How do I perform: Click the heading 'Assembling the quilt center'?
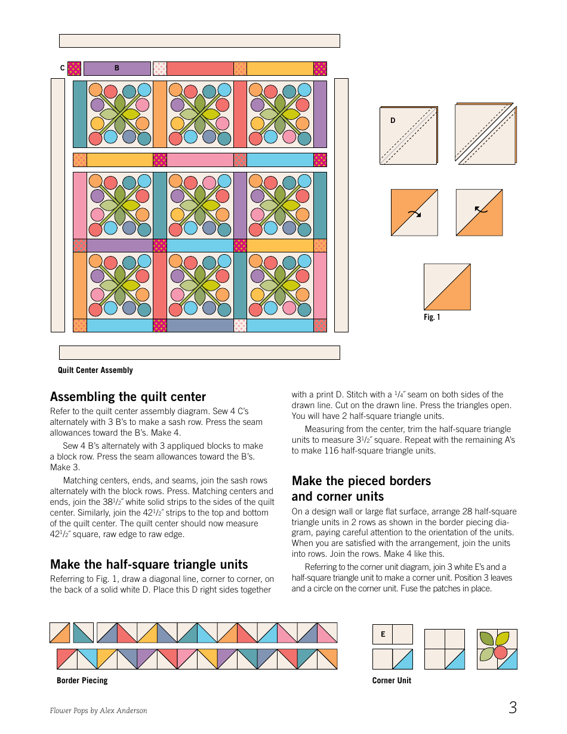pyautogui.click(x=128, y=397)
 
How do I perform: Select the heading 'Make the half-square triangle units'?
pyautogui.click(x=149, y=565)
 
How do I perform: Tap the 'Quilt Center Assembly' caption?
pyautogui.click(x=95, y=371)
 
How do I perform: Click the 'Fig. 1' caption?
pyautogui.click(x=432, y=317)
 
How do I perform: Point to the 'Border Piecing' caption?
pyautogui.click(x=82, y=680)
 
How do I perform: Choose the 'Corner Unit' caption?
pyautogui.click(x=392, y=680)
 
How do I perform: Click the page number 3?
pyautogui.click(x=513, y=708)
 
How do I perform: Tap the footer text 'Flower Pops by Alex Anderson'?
pyautogui.click(x=98, y=711)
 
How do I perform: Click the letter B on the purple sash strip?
pyautogui.click(x=117, y=69)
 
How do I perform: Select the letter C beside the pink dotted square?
pyautogui.click(x=62, y=69)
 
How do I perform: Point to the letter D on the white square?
pyautogui.click(x=393, y=121)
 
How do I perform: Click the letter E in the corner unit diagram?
pyautogui.click(x=383, y=634)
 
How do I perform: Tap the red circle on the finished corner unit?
pyautogui.click(x=501, y=651)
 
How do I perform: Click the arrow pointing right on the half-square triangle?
pyautogui.click(x=414, y=213)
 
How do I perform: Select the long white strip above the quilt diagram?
pyautogui.click(x=199, y=41)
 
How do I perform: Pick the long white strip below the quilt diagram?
pyautogui.click(x=199, y=353)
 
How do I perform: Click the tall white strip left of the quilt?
pyautogui.click(x=58, y=205)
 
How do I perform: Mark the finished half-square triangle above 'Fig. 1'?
pyautogui.click(x=447, y=287)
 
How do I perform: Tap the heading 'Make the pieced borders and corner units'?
pyautogui.click(x=361, y=489)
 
